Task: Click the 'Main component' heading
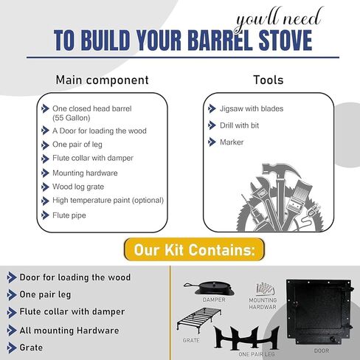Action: coord(102,80)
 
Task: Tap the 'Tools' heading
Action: coord(269,80)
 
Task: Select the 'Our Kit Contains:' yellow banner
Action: coord(194,249)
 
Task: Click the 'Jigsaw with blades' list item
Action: coord(252,108)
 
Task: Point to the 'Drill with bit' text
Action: coord(239,125)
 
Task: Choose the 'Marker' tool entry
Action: coord(232,142)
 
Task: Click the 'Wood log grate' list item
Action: coord(78,187)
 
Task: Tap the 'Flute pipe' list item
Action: coord(69,215)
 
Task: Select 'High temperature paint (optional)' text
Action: coord(108,201)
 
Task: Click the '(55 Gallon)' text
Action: coord(72,118)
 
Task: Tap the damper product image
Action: coord(209,288)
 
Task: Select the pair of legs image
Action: coord(246,337)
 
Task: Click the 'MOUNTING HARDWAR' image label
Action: coord(263,303)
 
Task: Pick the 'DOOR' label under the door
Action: coord(322,350)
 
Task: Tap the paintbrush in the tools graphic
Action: coord(298,201)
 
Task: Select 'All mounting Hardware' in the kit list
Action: coord(69,330)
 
